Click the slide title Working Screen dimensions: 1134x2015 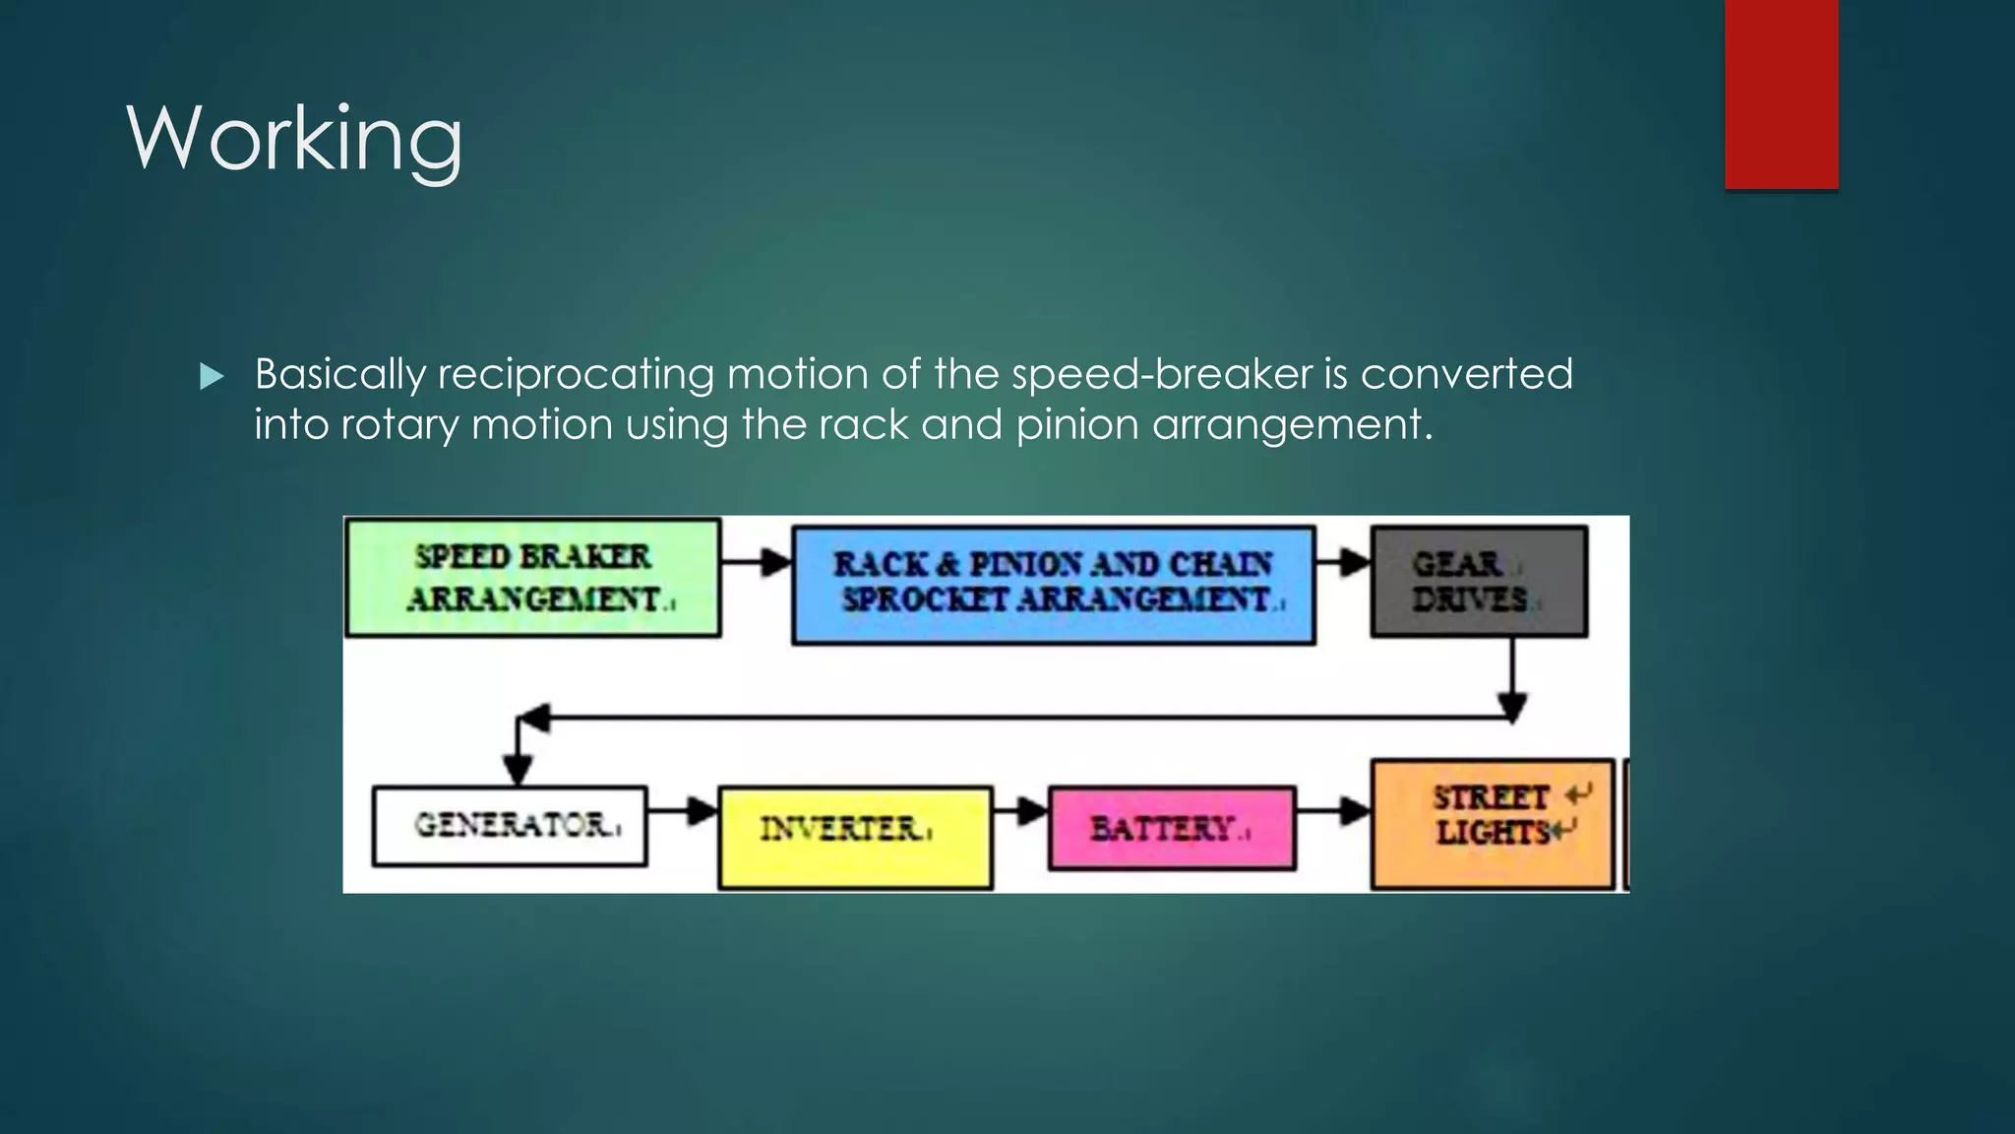tap(294, 139)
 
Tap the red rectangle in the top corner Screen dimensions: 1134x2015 tap(1781, 94)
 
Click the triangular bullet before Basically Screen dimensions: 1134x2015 tap(212, 376)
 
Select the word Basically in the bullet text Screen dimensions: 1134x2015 tap(340, 375)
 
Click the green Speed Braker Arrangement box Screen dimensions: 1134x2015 tap(532, 578)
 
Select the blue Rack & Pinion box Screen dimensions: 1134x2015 tap(1053, 585)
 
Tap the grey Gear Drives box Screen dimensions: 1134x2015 tap(1478, 582)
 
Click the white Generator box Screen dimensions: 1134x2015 tap(510, 825)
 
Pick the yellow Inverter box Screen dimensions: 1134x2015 tap(854, 837)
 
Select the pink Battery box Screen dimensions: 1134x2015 tap(1171, 829)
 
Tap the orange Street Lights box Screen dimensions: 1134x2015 tap(1492, 823)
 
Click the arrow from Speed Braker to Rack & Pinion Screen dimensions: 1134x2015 tap(757, 563)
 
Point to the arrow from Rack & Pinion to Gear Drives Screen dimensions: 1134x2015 tap(1343, 563)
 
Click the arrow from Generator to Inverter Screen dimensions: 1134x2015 tap(683, 811)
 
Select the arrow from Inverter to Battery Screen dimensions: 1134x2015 tap(1020, 812)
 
